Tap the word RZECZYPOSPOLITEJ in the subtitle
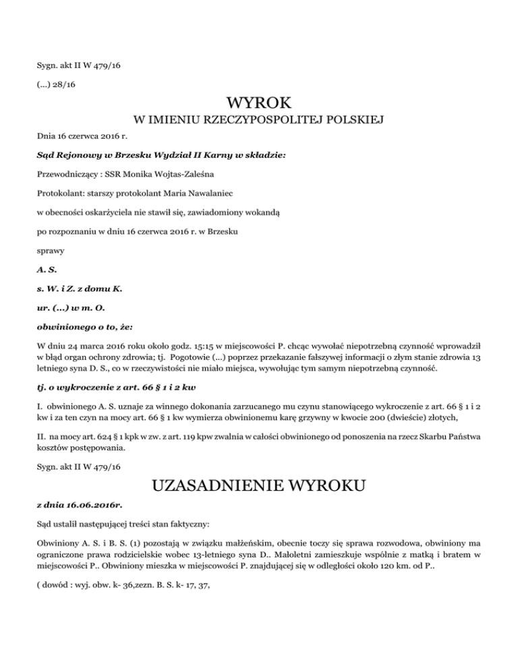(260, 121)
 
